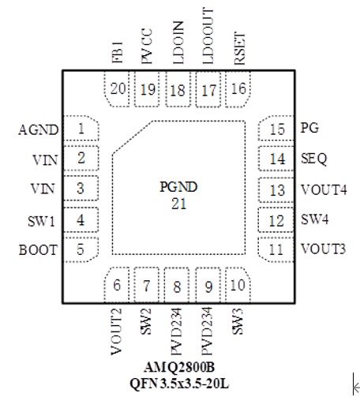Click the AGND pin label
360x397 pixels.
[39, 129]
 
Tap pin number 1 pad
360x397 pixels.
[81, 128]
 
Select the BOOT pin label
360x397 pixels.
[38, 249]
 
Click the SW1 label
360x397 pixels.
[41, 221]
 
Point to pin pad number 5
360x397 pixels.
[81, 249]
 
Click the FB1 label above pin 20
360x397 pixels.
[118, 52]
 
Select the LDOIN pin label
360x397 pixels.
[178, 43]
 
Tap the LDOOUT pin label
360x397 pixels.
[208, 36]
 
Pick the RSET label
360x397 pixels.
[240, 48]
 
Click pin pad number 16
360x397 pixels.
[238, 89]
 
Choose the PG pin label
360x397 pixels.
[309, 128]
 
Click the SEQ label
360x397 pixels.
[314, 159]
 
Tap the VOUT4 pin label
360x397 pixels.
[324, 189]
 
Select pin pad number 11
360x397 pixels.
[276, 249]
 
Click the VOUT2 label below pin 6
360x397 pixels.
[116, 331]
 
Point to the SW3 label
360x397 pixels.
[238, 321]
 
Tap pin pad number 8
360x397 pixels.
[177, 285]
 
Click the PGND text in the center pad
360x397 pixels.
[178, 187]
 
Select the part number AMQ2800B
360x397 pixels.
[179, 367]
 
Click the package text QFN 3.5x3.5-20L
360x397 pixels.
[179, 384]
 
